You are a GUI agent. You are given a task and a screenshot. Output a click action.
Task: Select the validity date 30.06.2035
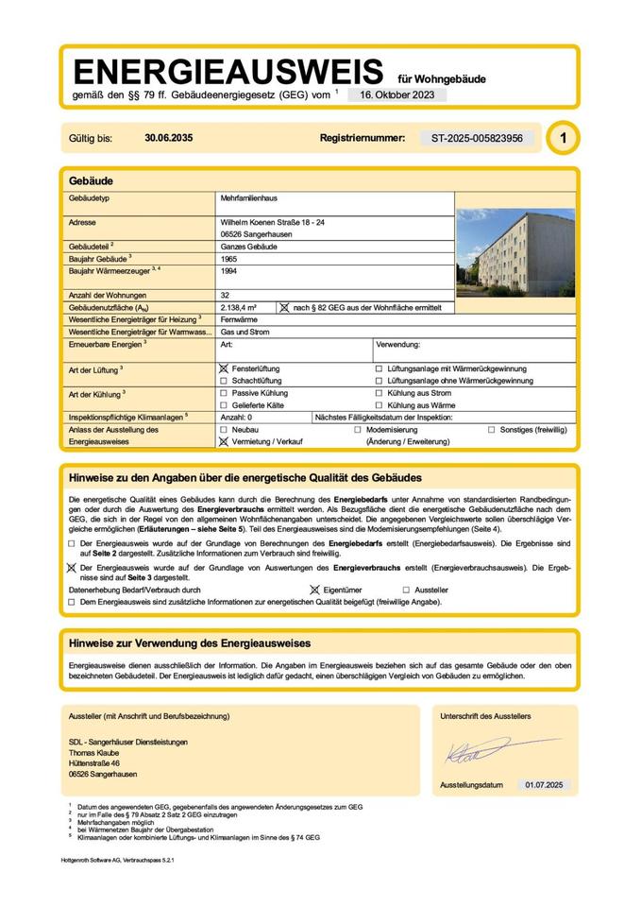coord(169,138)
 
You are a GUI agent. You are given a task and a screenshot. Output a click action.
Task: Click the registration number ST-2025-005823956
coord(477,138)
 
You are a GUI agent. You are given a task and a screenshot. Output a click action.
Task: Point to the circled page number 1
coord(564,138)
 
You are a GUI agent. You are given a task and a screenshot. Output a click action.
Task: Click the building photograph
coord(514,252)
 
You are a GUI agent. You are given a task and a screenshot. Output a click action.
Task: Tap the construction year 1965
coord(228,258)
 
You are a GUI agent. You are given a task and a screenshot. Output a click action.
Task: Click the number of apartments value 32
coord(225,296)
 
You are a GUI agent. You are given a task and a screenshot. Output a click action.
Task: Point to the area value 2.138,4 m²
coord(242,308)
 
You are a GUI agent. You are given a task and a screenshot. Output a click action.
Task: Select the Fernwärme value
coord(240,320)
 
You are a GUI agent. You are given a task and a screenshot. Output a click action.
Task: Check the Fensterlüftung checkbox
coord(224,368)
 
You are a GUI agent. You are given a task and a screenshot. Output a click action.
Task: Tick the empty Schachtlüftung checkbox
coord(224,380)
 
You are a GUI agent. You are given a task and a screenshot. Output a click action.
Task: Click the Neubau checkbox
coord(224,429)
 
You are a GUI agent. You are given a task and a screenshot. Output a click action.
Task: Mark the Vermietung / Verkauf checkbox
coord(224,441)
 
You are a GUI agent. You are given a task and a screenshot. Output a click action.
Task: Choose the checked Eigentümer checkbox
coord(314,590)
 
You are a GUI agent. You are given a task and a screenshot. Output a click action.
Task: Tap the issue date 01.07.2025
coord(544,785)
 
